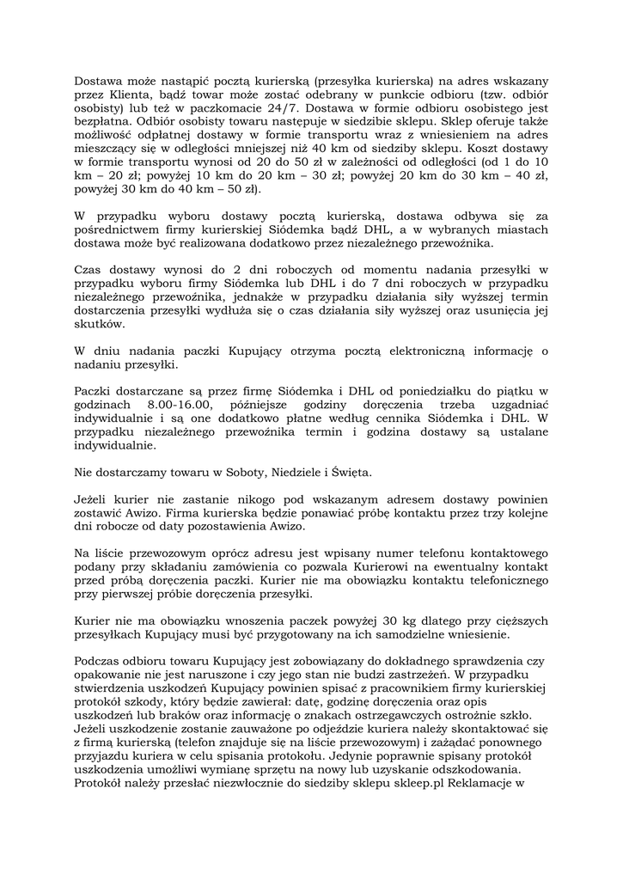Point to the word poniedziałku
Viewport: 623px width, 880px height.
pos(428,390)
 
